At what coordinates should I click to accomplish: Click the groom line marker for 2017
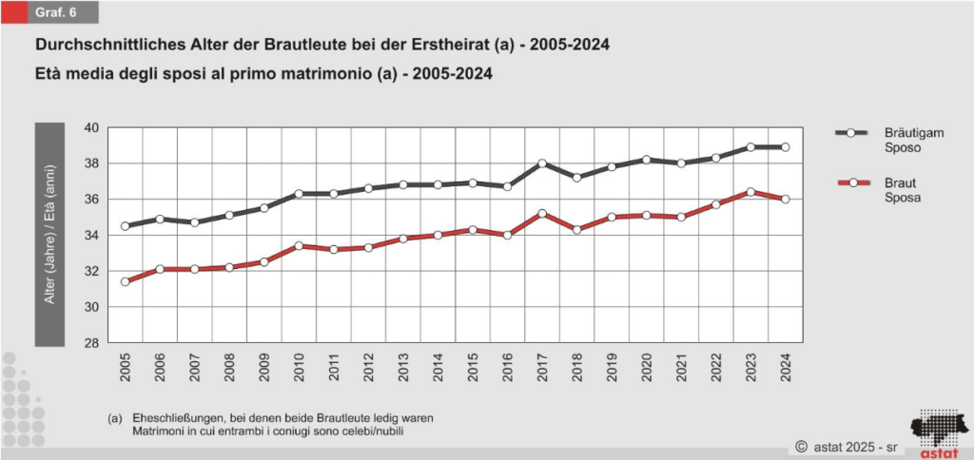[x=542, y=163]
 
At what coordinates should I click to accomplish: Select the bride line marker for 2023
[x=751, y=192]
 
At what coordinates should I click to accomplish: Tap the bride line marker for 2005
[x=125, y=281]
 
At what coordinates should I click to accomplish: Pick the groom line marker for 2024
[x=786, y=147]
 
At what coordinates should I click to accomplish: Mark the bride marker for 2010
[x=299, y=245]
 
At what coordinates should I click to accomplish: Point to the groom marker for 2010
[x=299, y=194]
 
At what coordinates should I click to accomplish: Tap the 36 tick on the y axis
[x=92, y=200]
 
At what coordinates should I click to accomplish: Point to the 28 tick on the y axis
[x=92, y=343]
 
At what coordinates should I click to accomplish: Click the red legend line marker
[x=853, y=182]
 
